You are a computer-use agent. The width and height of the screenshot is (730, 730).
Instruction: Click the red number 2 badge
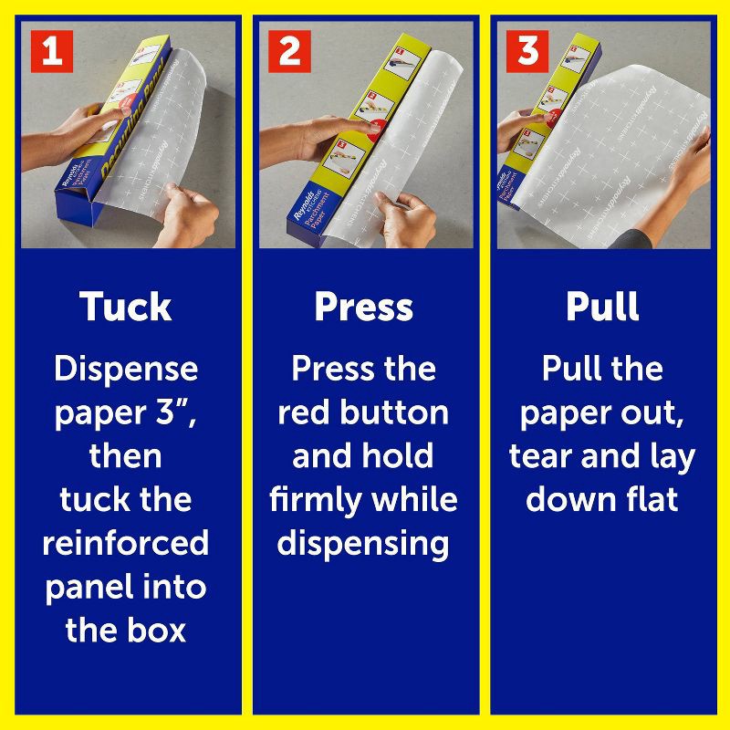click(x=288, y=51)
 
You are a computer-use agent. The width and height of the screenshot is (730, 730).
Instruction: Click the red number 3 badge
click(x=527, y=51)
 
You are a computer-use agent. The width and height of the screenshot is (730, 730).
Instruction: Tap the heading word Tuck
click(x=126, y=308)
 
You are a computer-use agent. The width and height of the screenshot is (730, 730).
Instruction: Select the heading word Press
click(x=363, y=308)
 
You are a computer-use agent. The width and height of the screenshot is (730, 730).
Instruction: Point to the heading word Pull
click(x=602, y=308)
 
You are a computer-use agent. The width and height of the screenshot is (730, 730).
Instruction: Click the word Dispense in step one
click(x=126, y=370)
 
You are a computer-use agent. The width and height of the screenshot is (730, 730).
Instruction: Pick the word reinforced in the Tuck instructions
click(x=126, y=543)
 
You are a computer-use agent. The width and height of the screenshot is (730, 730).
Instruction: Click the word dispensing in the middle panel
click(x=363, y=544)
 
